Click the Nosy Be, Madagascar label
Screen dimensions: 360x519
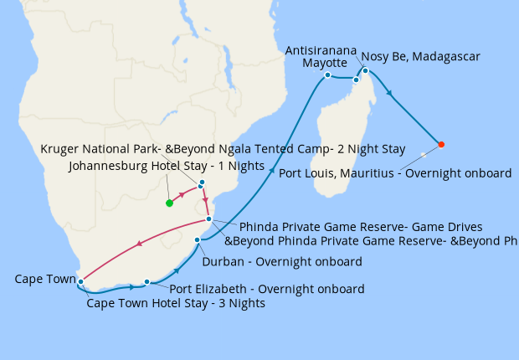pos(422,57)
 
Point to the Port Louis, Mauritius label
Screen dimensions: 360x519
pos(394,173)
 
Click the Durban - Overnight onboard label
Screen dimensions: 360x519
pos(282,261)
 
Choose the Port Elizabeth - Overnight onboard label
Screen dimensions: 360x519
pos(267,290)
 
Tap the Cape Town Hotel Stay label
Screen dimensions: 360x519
pos(176,303)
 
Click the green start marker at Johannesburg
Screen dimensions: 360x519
pos(169,203)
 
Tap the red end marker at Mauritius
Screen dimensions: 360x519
pos(441,145)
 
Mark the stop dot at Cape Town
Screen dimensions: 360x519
pos(80,280)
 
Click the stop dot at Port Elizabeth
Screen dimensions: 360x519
pos(147,282)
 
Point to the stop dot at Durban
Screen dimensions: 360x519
pos(198,241)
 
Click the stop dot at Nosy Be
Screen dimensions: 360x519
pos(366,70)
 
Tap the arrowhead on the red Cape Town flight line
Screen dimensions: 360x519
pos(137,244)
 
